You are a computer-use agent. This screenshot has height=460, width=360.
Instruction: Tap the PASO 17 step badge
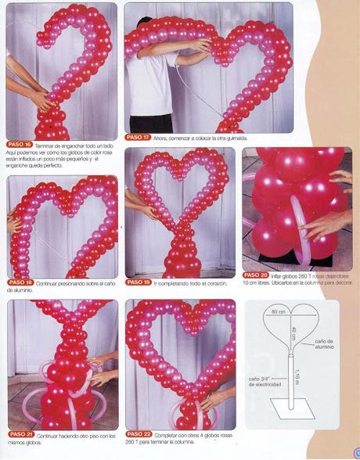coord(138,137)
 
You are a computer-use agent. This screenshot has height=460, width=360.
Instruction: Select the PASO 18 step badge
coord(20,282)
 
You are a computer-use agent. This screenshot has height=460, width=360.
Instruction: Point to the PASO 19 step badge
coord(138,282)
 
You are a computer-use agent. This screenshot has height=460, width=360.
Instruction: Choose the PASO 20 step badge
coord(256,275)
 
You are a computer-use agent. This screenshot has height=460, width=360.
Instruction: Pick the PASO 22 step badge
coord(138,433)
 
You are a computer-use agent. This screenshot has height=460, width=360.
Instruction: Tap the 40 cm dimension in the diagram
coord(293,332)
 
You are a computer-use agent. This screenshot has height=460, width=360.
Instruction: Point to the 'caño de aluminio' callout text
coord(324,344)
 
